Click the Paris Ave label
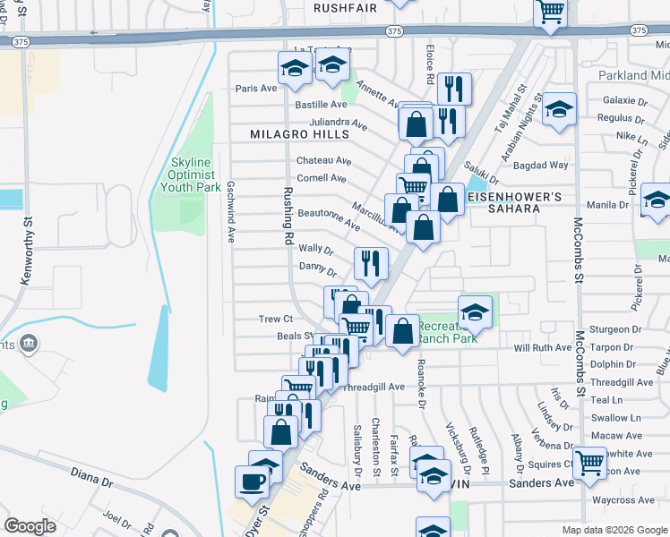point(256,88)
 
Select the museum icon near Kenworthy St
point(29,342)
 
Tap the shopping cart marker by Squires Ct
point(590,463)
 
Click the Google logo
point(30,526)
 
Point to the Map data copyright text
point(614,530)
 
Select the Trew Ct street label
point(276,319)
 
